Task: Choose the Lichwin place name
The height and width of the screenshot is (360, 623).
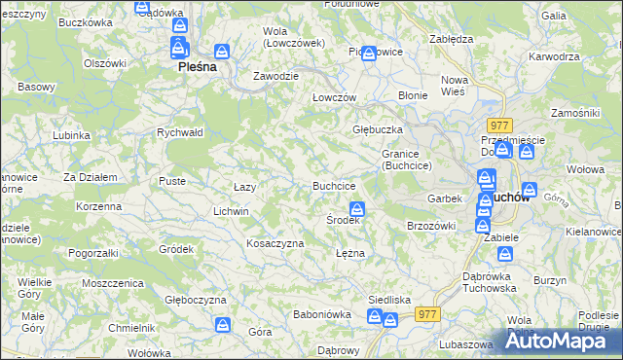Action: coord(231,211)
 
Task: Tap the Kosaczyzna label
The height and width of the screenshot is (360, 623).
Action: coord(275,243)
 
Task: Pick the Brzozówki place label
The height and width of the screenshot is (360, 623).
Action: coord(431,226)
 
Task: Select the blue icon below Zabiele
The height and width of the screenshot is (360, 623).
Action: coord(505,254)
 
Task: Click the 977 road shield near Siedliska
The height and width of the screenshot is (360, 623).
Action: coord(426,314)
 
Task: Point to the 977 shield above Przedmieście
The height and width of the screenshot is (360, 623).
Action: coord(500,125)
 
